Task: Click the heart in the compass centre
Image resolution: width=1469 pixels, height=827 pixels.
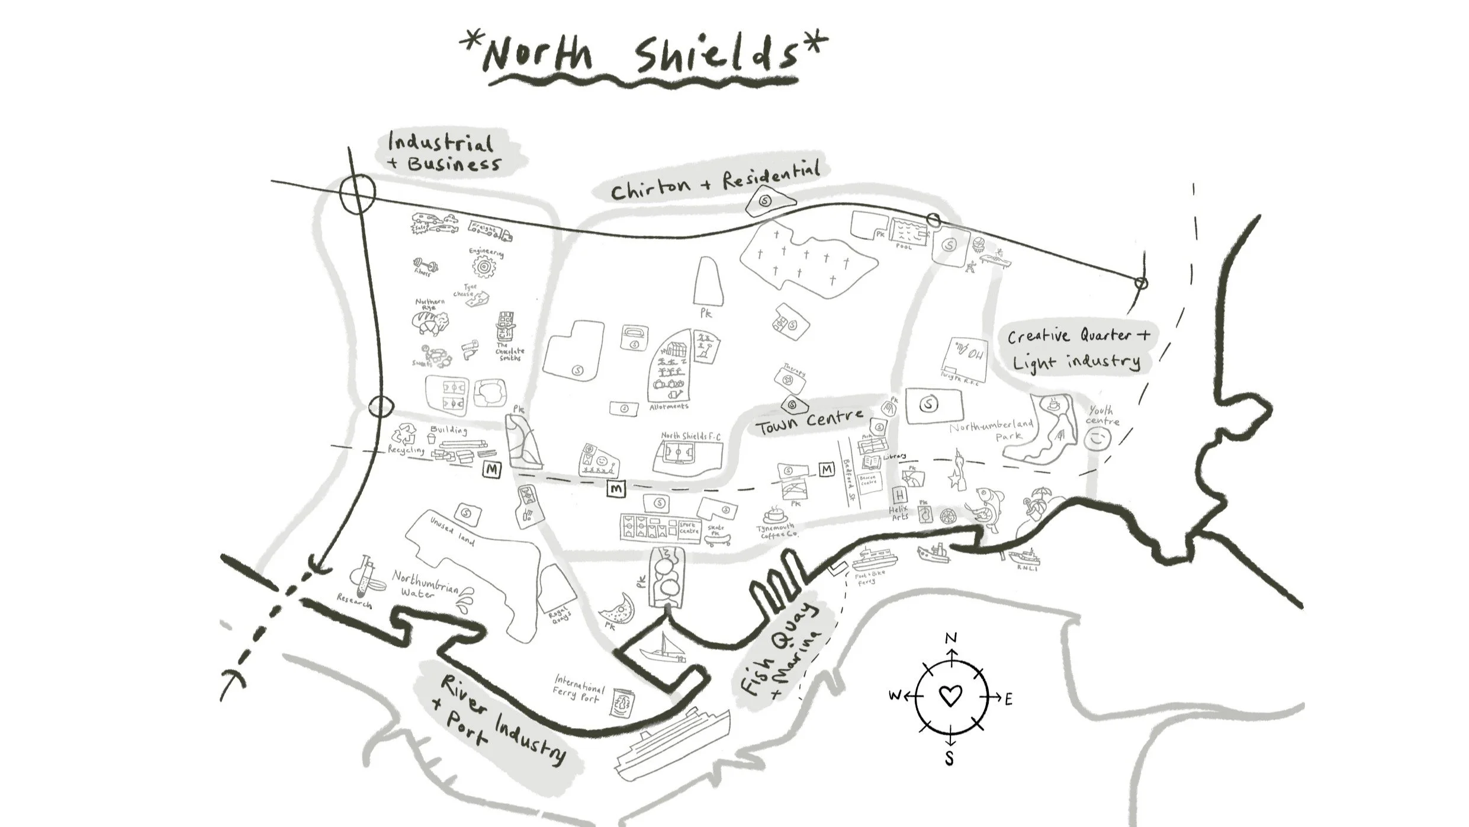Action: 950,695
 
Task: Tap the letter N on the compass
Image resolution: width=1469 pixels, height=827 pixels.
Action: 951,639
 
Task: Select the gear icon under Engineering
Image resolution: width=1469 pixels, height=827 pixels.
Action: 484,268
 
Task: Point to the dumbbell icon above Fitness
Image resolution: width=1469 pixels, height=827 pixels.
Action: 426,264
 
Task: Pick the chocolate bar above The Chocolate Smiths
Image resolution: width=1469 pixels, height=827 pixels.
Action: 505,326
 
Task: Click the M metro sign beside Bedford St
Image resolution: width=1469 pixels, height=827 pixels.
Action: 827,470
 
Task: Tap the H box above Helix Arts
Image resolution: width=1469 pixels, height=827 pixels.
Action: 899,495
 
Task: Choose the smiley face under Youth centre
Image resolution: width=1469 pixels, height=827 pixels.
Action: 1097,439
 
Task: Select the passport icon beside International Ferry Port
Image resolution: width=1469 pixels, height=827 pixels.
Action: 622,703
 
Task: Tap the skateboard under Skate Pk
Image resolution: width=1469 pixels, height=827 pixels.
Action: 718,538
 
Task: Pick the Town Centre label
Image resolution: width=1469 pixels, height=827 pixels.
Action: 809,421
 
